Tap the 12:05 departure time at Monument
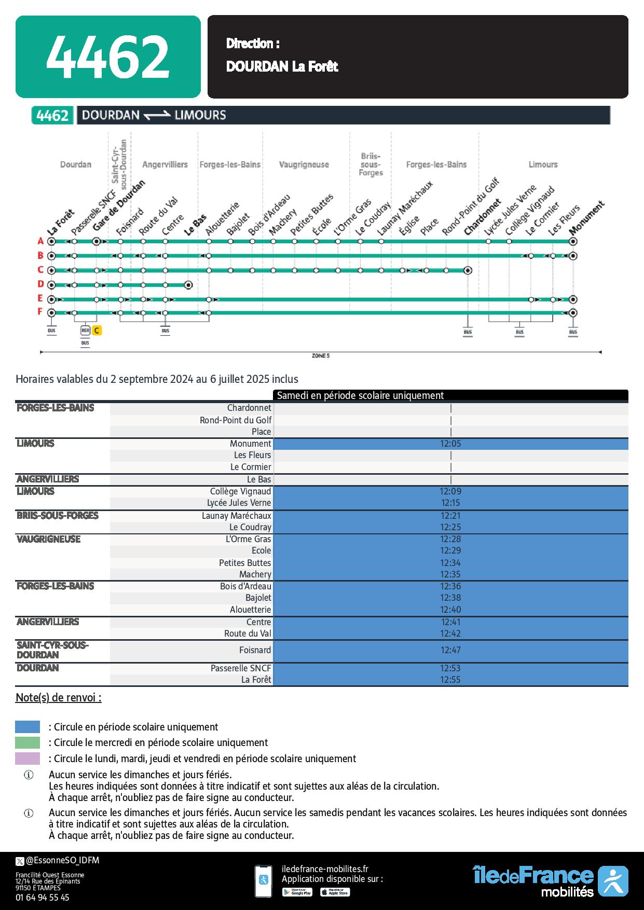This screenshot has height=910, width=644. pyautogui.click(x=450, y=444)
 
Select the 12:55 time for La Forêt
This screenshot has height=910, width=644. pyautogui.click(x=450, y=680)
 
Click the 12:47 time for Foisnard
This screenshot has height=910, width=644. pyautogui.click(x=450, y=650)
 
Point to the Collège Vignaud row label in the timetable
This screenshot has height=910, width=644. pyautogui.click(x=240, y=491)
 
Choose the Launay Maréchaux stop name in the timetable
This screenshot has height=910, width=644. pyautogui.click(x=236, y=516)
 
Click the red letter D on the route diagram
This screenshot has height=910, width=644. pyautogui.click(x=40, y=284)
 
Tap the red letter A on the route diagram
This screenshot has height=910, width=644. pyautogui.click(x=40, y=241)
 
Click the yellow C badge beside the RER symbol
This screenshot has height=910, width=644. pyautogui.click(x=97, y=330)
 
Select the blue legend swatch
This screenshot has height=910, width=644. pyautogui.click(x=28, y=727)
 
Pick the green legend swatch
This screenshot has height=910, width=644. pyautogui.click(x=28, y=742)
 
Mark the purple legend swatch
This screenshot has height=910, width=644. pyautogui.click(x=28, y=759)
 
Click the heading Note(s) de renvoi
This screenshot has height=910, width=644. pyautogui.click(x=59, y=697)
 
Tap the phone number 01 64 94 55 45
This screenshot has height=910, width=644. pyautogui.click(x=42, y=897)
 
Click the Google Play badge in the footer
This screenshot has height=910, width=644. pyautogui.click(x=297, y=892)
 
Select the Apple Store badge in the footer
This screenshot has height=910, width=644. pyautogui.click(x=335, y=892)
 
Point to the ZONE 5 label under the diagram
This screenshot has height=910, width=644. pyautogui.click(x=320, y=356)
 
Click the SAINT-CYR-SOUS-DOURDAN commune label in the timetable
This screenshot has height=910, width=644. pyautogui.click(x=52, y=650)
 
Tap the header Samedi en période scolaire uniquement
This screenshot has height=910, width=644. pyautogui.click(x=360, y=395)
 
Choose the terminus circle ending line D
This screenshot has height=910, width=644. pyautogui.click(x=188, y=284)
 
